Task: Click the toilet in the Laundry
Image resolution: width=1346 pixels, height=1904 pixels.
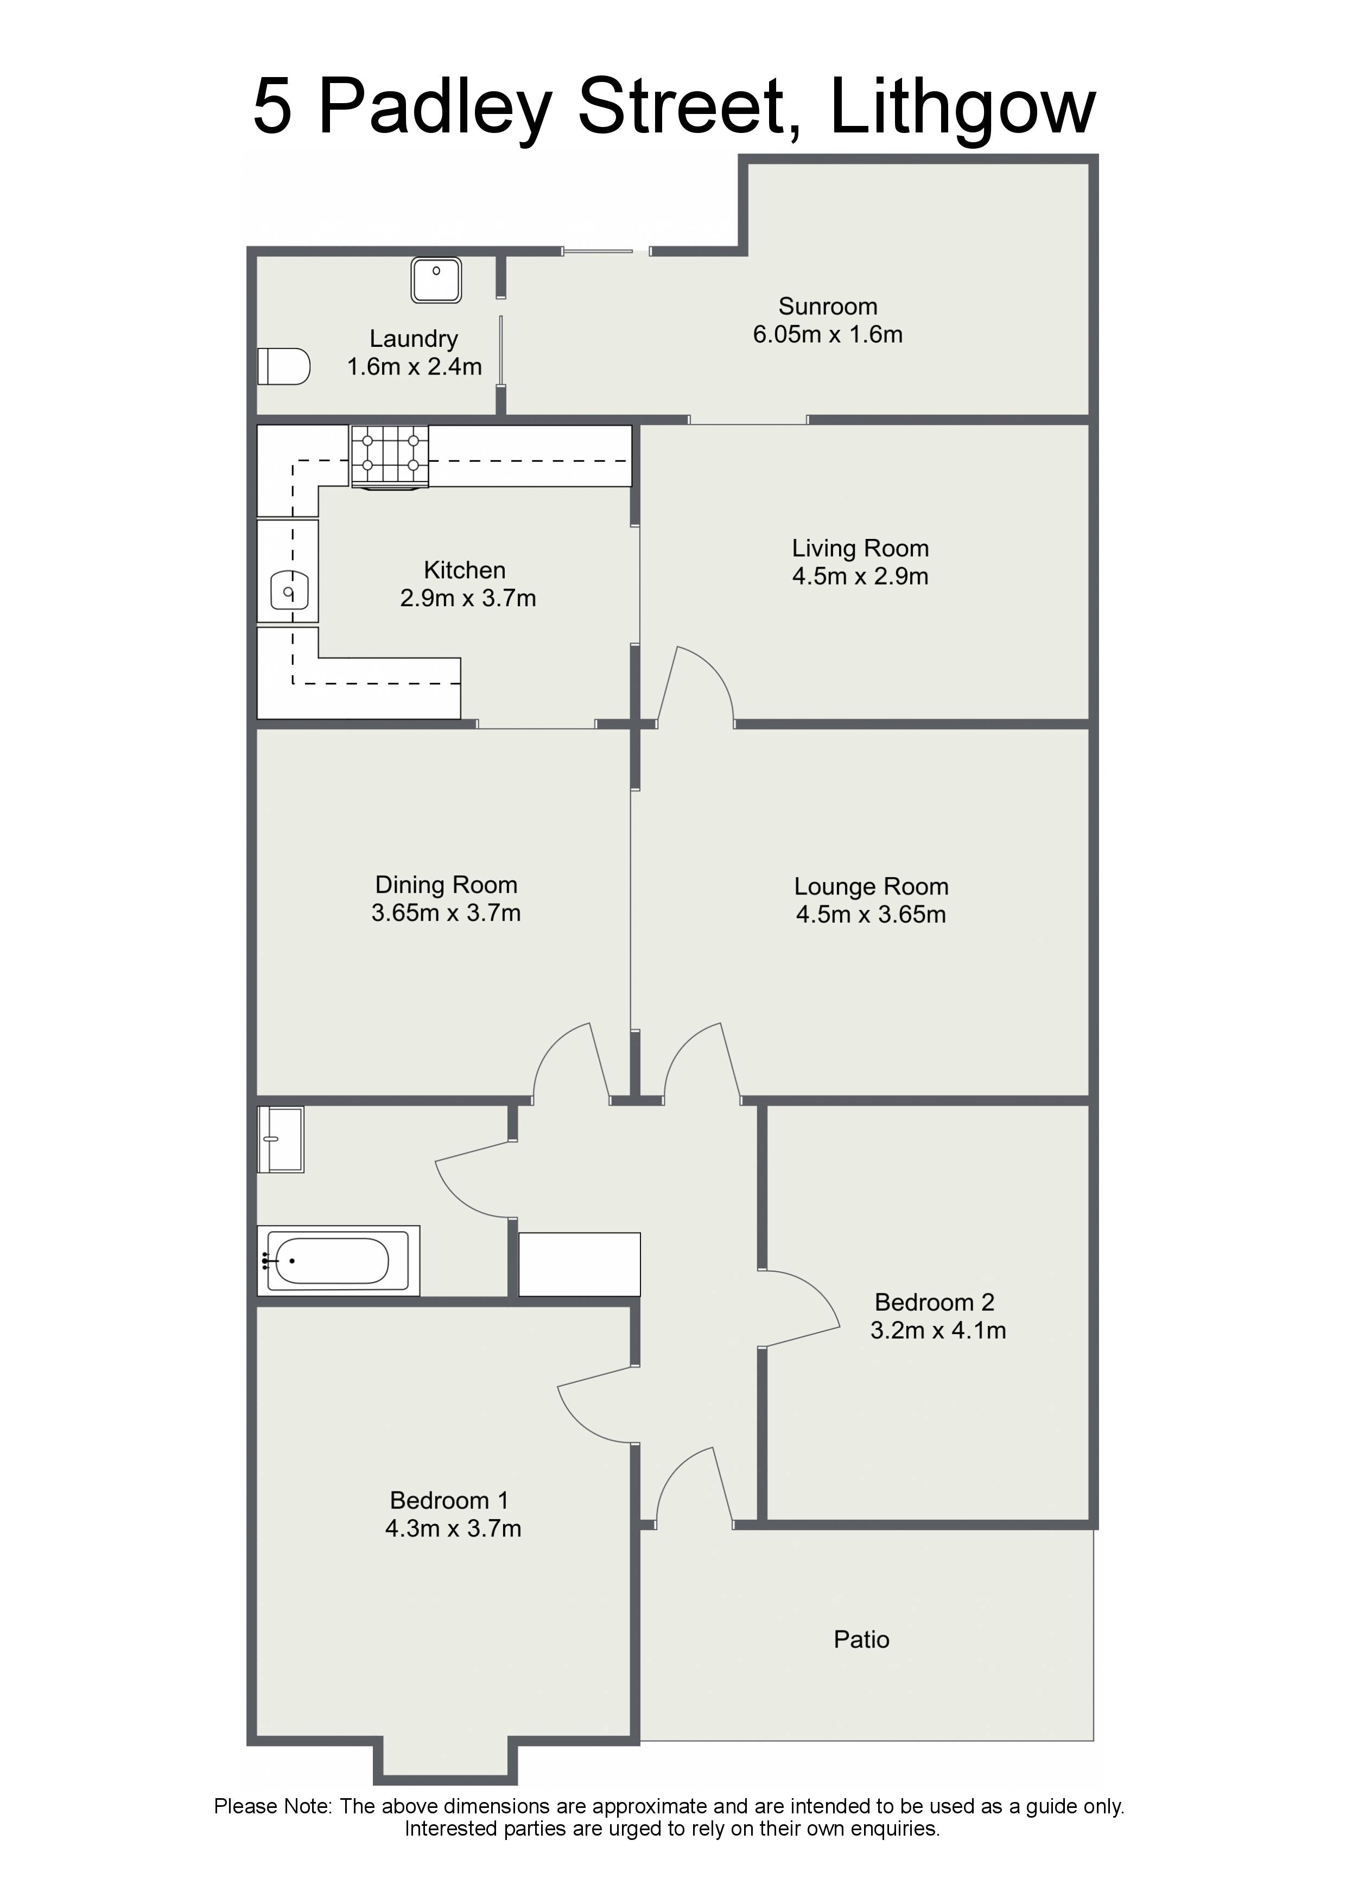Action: (x=284, y=366)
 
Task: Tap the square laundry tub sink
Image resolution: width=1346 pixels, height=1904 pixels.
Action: (x=436, y=280)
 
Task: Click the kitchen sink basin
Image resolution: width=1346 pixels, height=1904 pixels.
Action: (x=289, y=592)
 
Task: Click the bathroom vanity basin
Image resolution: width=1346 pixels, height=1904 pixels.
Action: (x=281, y=1139)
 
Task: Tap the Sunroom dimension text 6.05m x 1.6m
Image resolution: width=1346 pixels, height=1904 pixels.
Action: (x=828, y=334)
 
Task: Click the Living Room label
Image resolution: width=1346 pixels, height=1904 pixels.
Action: (x=860, y=548)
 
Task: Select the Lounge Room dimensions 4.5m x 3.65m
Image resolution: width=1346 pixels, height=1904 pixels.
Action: (x=871, y=914)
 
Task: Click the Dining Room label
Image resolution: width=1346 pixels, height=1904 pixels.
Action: (x=446, y=885)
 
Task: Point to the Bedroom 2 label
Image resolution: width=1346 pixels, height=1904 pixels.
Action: (x=935, y=1302)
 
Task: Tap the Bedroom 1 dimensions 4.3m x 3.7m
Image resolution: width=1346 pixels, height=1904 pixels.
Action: (x=454, y=1528)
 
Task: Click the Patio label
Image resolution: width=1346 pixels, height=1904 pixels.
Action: (x=862, y=1640)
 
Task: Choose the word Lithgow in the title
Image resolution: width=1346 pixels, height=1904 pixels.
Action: (x=963, y=107)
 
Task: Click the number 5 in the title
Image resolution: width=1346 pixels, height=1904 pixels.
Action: (x=273, y=107)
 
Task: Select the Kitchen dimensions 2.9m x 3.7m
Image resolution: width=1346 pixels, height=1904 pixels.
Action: (x=468, y=598)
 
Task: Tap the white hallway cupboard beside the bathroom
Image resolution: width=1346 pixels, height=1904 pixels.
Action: (x=580, y=1264)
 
